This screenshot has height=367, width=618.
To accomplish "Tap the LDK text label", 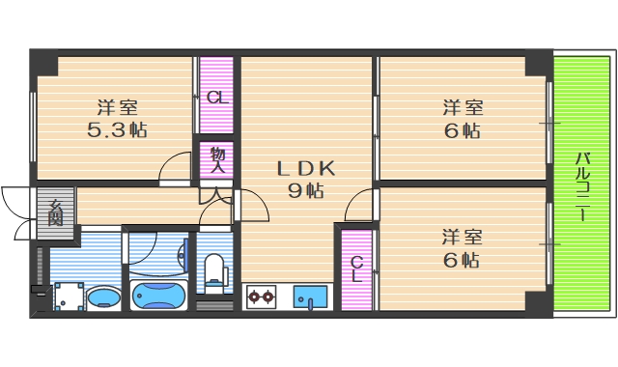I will click(x=306, y=168).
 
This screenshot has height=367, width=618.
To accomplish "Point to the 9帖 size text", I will click(x=306, y=190).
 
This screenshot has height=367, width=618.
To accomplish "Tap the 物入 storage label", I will click(x=218, y=160).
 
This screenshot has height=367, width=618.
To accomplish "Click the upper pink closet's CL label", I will click(x=217, y=97).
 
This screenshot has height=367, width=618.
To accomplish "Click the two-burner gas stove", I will click(x=261, y=296).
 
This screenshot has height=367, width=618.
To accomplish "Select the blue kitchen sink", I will click(x=311, y=296).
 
